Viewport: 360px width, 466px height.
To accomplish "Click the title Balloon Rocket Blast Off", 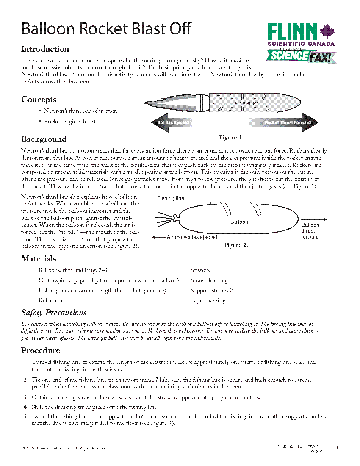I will (x=106, y=29).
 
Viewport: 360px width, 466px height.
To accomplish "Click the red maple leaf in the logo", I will (x=327, y=32).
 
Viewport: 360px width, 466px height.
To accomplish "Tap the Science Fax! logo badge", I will (x=302, y=56).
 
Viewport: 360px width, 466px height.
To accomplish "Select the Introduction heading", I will (x=45, y=49).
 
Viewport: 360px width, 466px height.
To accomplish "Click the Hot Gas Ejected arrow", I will (x=171, y=123).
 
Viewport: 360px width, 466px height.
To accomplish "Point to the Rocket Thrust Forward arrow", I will (x=283, y=123).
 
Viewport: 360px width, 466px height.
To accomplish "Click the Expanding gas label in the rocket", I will (x=244, y=103).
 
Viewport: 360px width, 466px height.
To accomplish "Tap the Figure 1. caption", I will (x=231, y=138).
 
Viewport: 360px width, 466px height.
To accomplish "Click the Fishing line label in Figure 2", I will (x=171, y=198).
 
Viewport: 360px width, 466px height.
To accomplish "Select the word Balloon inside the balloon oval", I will (x=239, y=222).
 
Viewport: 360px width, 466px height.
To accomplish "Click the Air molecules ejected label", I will (x=192, y=238).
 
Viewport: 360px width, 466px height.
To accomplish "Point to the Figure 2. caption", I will (x=236, y=245).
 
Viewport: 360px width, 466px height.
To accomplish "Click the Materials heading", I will (x=39, y=259).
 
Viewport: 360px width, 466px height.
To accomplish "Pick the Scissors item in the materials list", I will (x=200, y=270).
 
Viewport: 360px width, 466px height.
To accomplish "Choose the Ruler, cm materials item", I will (x=50, y=300).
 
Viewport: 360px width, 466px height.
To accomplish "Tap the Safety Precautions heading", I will (x=54, y=313).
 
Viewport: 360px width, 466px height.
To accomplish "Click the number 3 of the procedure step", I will (x=26, y=397).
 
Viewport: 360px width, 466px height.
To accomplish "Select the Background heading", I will (x=44, y=139).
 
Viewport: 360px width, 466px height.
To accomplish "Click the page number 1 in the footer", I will (x=337, y=447).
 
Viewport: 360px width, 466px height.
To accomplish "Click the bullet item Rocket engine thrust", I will (x=70, y=122).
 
